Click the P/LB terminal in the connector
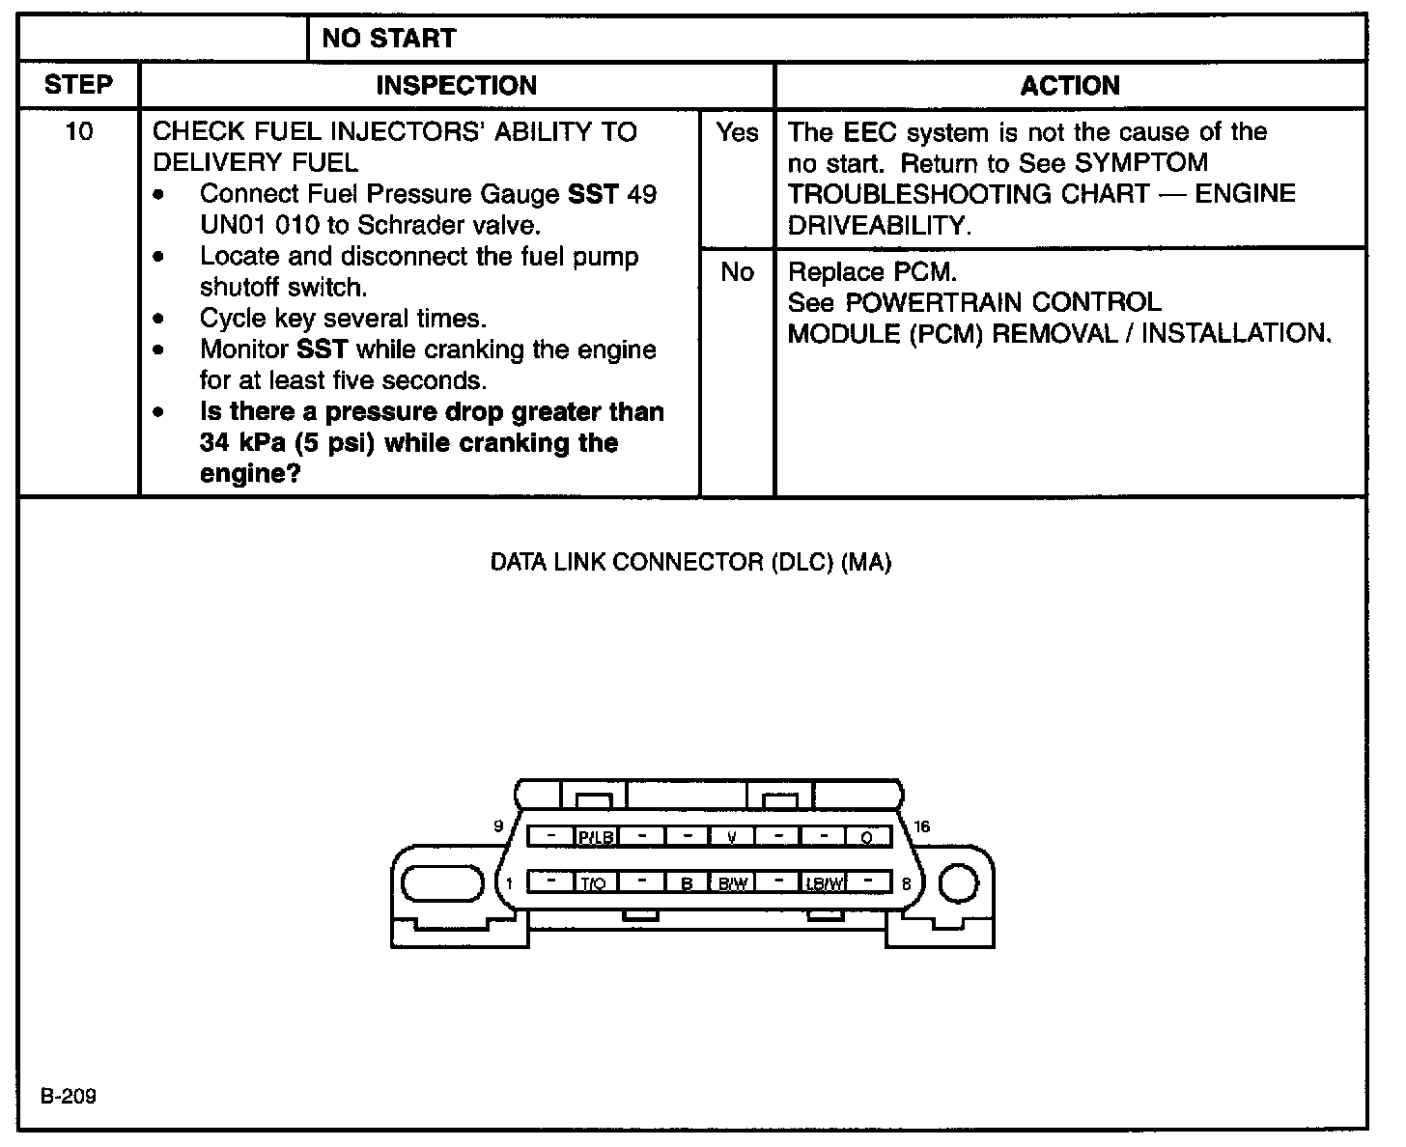596,837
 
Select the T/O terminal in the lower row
594,882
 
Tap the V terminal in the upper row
732,837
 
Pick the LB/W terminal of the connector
824,882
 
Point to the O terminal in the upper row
868,837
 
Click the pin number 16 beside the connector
922,826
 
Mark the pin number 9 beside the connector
498,826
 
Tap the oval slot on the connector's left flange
442,882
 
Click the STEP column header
79,85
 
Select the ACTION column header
1070,85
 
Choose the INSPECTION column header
456,85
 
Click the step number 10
79,131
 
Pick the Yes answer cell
738,132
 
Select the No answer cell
738,272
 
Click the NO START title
388,39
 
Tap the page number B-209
69,1097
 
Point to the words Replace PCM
872,271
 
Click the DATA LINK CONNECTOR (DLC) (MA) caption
690,562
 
